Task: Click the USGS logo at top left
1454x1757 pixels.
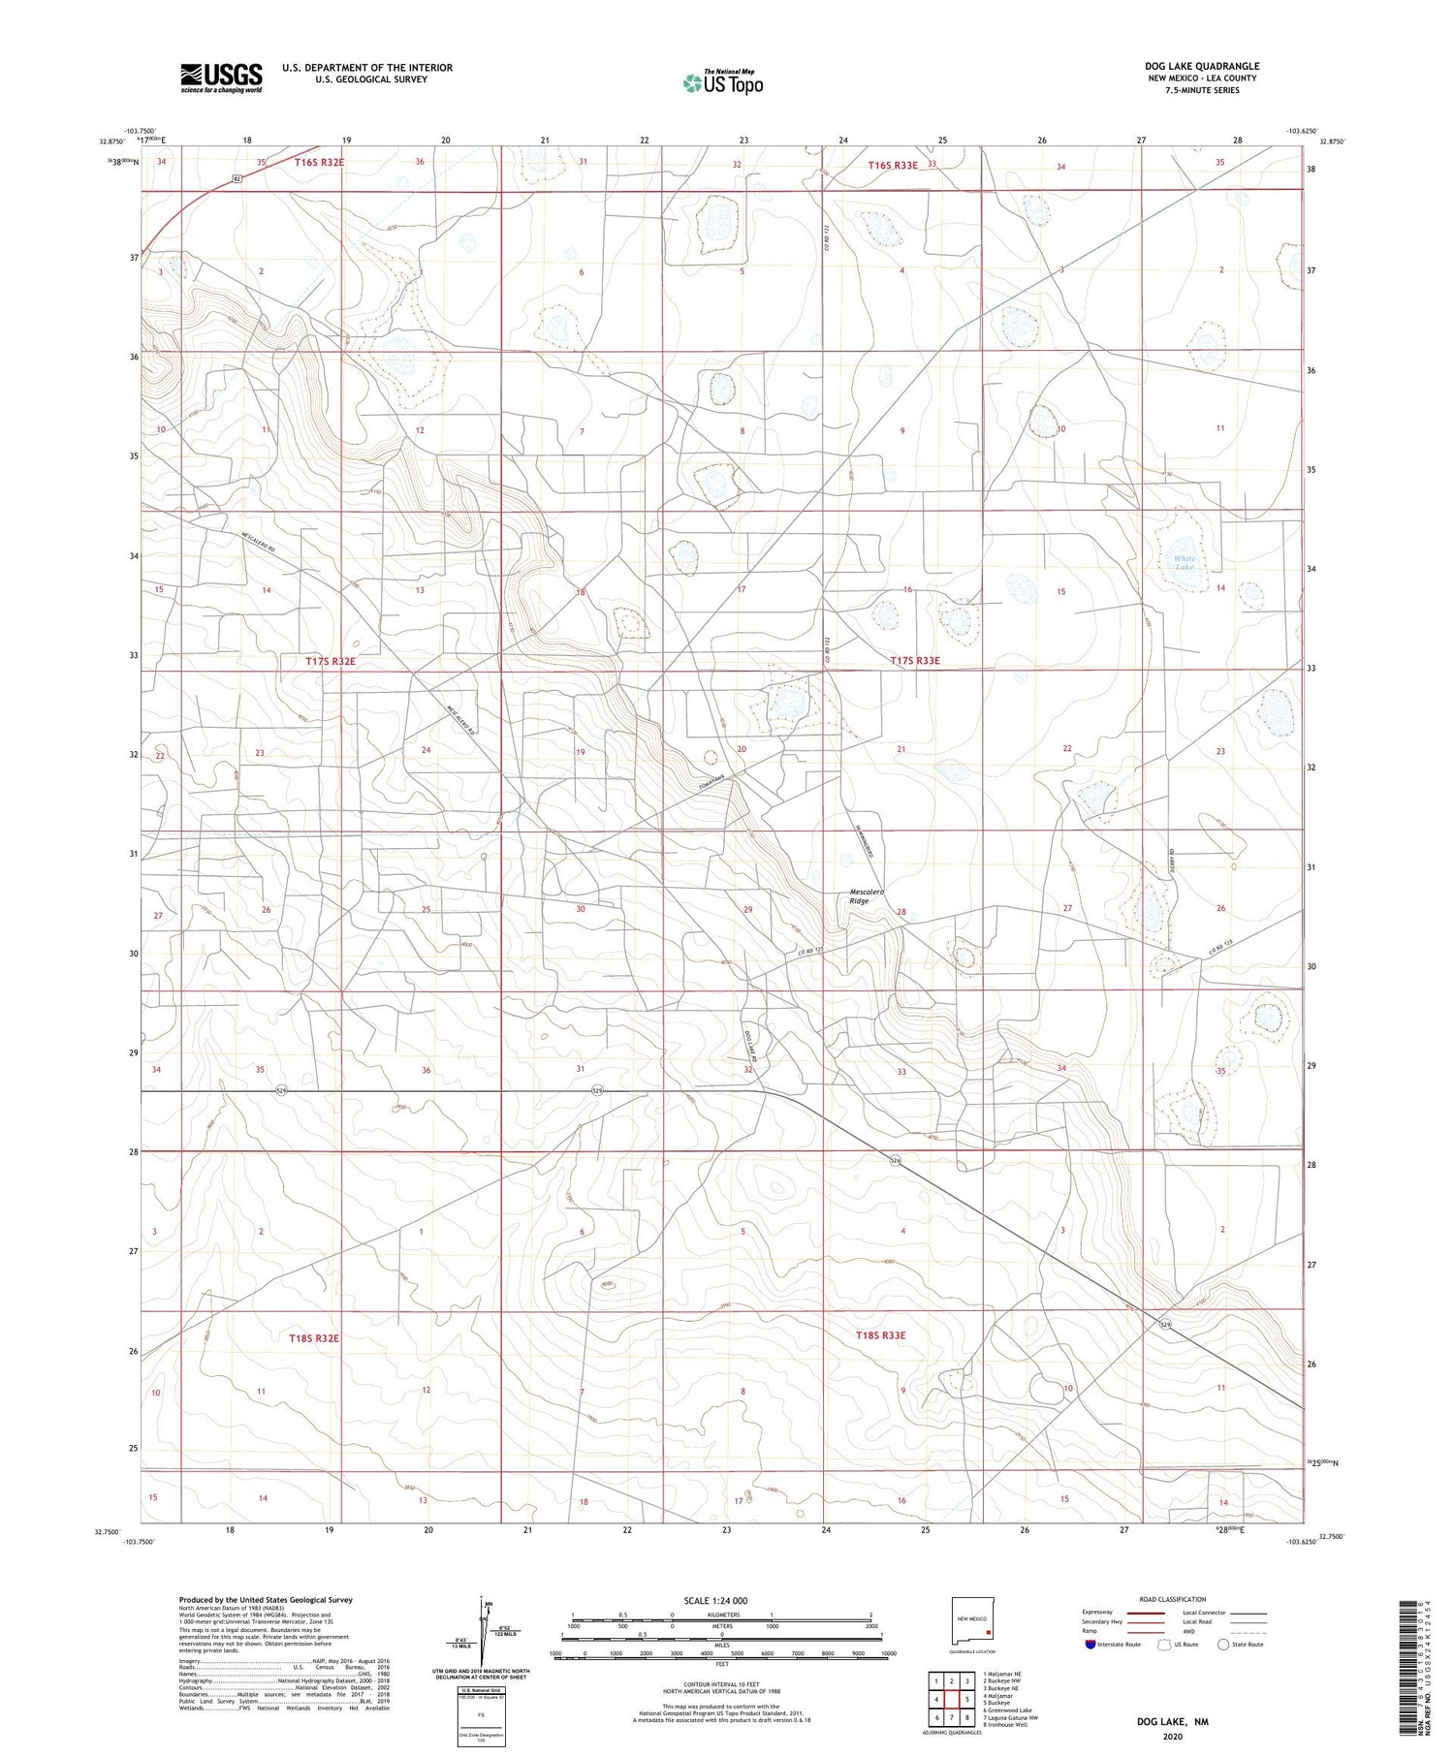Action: [x=221, y=78]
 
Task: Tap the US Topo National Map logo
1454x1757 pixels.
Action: [x=722, y=83]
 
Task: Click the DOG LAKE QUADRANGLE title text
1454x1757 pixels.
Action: [x=1201, y=66]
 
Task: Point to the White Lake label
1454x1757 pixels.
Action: [x=1185, y=562]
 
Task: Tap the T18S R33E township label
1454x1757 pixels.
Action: [x=880, y=1335]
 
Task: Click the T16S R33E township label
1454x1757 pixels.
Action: [x=892, y=166]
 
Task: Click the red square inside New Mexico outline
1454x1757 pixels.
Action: [x=988, y=1630]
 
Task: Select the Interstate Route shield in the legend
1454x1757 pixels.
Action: [x=1090, y=1645]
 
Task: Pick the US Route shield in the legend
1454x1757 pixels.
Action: [x=1164, y=1645]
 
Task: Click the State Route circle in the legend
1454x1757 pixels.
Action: [x=1223, y=1645]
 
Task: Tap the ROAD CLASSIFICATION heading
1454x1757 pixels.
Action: [x=1172, y=1599]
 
